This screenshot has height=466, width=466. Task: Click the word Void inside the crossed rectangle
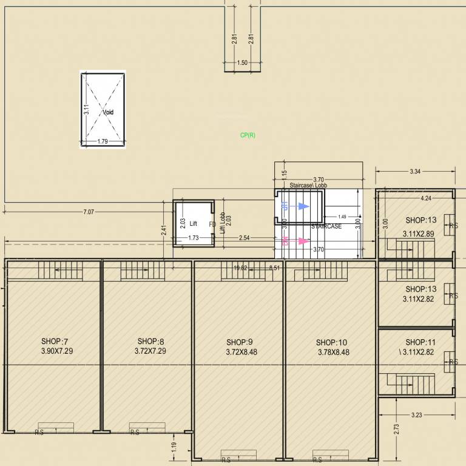pyautogui.click(x=108, y=112)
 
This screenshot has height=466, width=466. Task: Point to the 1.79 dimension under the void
pyautogui.click(x=103, y=142)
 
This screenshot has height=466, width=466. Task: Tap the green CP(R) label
pyautogui.click(x=248, y=135)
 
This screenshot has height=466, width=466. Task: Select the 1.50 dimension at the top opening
pyautogui.click(x=242, y=62)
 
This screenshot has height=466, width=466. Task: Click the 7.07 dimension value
pyautogui.click(x=89, y=212)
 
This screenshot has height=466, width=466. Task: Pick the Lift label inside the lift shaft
pyautogui.click(x=194, y=224)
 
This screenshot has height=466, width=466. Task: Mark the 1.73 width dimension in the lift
pyautogui.click(x=194, y=238)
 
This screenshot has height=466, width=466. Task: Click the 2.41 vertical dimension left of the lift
pyautogui.click(x=164, y=230)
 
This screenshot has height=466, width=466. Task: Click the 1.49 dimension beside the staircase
pyautogui.click(x=342, y=217)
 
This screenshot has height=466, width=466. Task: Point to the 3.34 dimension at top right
pyautogui.click(x=415, y=172)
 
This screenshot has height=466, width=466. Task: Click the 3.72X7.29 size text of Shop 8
pyautogui.click(x=150, y=351)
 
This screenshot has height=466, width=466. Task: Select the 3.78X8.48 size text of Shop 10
pyautogui.click(x=333, y=352)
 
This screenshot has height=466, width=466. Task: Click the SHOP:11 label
pyautogui.click(x=420, y=342)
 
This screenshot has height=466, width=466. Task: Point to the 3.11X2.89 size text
pyautogui.click(x=419, y=233)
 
